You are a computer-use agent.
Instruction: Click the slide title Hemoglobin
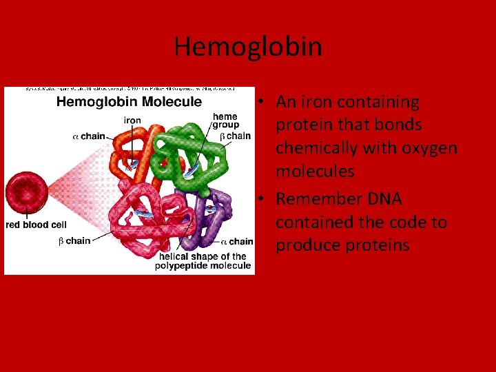coord(248,47)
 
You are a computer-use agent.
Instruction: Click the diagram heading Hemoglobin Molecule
coord(129,102)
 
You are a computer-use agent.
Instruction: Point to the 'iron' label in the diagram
coord(132,120)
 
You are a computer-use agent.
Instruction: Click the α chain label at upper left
coord(89,136)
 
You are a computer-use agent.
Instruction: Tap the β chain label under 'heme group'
coord(235,136)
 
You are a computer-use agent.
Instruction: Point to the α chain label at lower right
coord(237,241)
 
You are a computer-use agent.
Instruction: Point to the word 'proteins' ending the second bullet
coord(376,246)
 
